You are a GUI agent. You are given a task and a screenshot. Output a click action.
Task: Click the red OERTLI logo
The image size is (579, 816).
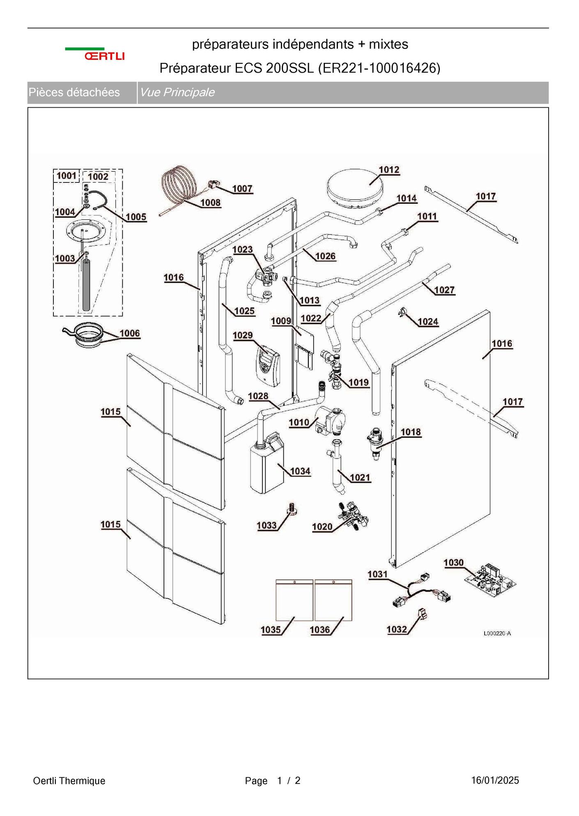tap(104, 56)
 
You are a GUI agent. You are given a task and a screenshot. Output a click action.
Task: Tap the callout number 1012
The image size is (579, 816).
tap(388, 170)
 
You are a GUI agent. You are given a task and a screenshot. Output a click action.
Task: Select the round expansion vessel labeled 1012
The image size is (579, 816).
tap(354, 189)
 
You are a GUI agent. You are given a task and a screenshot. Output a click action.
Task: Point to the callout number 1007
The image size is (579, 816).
tap(242, 189)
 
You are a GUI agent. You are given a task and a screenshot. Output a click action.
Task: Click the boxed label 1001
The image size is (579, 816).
tap(66, 176)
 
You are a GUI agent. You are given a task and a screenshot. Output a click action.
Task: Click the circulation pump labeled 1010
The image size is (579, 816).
tap(331, 422)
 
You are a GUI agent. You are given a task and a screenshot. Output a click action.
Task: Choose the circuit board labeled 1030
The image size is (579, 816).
tap(490, 580)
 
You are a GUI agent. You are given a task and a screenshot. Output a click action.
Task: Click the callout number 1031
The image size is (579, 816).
tap(377, 574)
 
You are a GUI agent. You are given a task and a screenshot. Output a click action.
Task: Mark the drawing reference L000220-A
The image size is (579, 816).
tap(497, 633)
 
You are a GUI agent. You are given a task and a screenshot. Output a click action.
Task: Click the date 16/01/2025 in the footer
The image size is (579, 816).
tap(495, 780)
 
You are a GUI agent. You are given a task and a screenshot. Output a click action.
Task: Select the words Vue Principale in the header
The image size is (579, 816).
tap(177, 92)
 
